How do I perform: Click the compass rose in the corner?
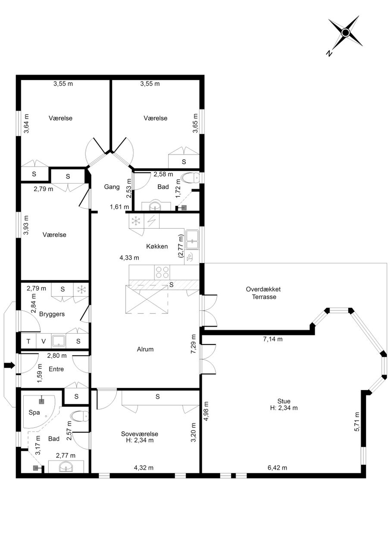[346, 32]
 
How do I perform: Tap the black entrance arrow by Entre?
[9, 366]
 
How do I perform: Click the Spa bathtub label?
[34, 412]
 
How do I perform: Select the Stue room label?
[284, 401]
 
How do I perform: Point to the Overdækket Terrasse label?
[263, 293]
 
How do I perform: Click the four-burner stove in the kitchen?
[162, 272]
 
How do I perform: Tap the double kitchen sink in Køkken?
[192, 239]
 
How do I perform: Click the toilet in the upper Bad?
[190, 178]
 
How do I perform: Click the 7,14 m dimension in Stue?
[273, 339]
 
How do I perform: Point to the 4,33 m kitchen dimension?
[129, 258]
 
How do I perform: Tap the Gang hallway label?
[112, 187]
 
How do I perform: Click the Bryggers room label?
[52, 314]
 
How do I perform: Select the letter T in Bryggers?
[28, 341]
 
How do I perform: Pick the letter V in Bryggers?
[44, 341]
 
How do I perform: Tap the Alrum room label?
[145, 349]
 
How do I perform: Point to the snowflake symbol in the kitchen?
[136, 221]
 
